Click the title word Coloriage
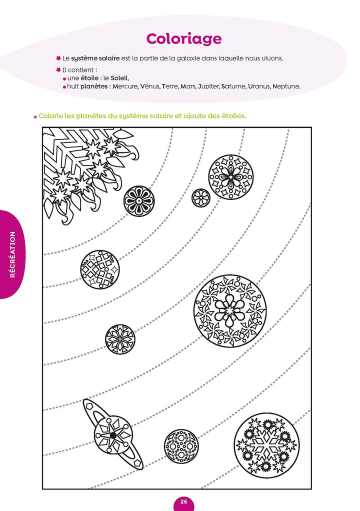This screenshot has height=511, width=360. click(x=183, y=38)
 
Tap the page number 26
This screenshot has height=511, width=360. click(x=183, y=502)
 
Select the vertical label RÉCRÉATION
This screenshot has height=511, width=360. click(x=12, y=254)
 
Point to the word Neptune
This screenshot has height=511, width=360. click(x=286, y=86)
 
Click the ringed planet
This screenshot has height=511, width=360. click(x=113, y=435)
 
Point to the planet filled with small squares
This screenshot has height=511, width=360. click(x=100, y=269)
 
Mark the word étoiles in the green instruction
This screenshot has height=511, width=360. click(x=232, y=115)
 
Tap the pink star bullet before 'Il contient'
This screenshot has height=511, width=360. click(x=58, y=69)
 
